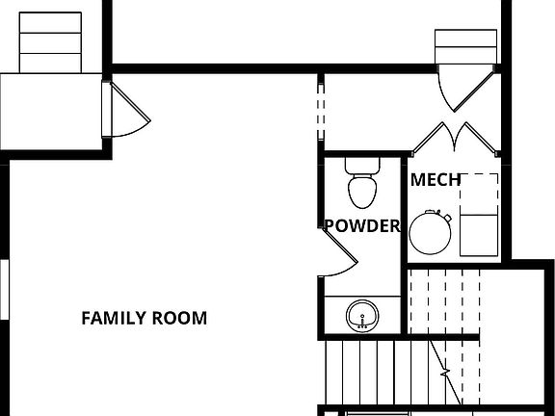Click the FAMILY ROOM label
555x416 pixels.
(x=144, y=318)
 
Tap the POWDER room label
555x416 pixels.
(x=361, y=226)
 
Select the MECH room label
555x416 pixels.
(x=436, y=180)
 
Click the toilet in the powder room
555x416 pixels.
(x=362, y=188)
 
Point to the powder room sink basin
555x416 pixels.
(x=362, y=314)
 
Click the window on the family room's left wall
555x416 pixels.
(x=4, y=288)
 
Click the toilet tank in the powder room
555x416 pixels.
(x=362, y=165)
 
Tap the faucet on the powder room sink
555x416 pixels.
(x=362, y=326)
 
